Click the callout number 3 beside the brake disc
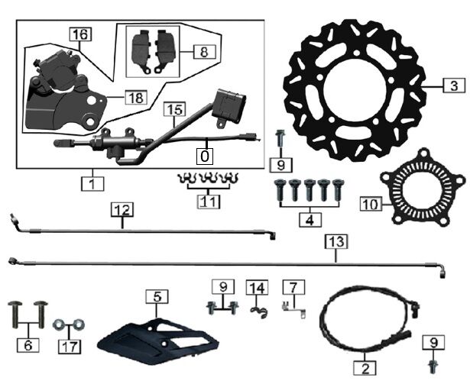pyautogui.click(x=454, y=86)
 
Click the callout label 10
pyautogui.click(x=371, y=205)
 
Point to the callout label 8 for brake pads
pyautogui.click(x=204, y=52)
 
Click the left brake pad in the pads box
pyautogui.click(x=141, y=52)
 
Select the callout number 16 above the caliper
pyautogui.click(x=81, y=34)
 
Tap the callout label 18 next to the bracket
pyautogui.click(x=136, y=98)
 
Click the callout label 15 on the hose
pyautogui.click(x=174, y=109)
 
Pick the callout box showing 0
pyautogui.click(x=205, y=156)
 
